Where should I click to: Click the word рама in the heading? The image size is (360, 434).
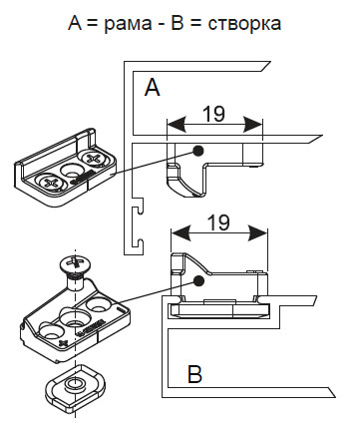[128, 24]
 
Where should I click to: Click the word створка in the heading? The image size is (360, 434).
[244, 24]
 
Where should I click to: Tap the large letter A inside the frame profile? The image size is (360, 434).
[152, 88]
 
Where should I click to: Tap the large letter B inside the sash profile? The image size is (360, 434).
[194, 374]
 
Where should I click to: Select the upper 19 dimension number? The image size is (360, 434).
[213, 114]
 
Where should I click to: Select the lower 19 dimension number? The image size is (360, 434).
[218, 222]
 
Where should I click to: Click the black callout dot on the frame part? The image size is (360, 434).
[198, 151]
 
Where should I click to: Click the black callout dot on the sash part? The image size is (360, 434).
[198, 281]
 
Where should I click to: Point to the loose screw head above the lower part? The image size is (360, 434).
[77, 264]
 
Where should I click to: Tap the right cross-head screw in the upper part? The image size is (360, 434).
[92, 158]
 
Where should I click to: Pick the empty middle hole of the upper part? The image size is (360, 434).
[72, 170]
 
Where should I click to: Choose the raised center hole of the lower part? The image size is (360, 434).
[74, 317]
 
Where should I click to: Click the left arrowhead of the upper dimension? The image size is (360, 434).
[176, 125]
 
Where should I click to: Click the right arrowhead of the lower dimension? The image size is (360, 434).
[258, 233]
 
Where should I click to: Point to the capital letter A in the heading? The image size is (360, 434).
[76, 23]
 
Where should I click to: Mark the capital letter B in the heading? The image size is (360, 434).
[179, 23]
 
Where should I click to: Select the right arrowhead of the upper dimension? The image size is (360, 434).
[253, 125]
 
